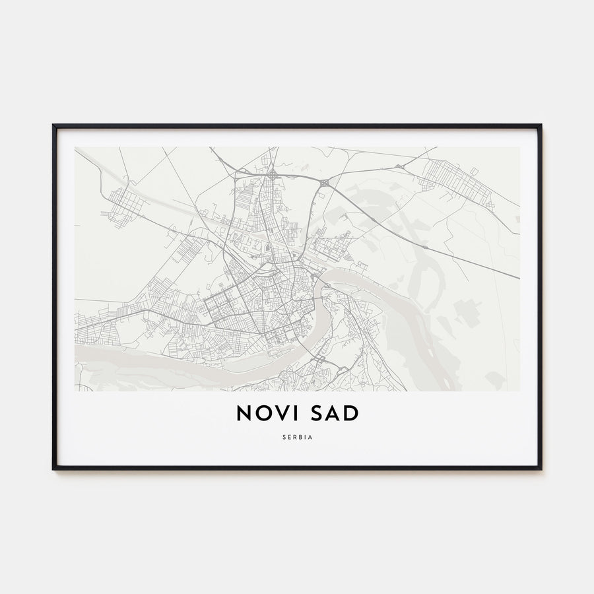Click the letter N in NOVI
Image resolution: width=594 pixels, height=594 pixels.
(x=244, y=413)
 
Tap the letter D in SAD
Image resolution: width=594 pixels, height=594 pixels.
(x=351, y=413)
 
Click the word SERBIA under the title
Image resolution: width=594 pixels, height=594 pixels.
(x=297, y=437)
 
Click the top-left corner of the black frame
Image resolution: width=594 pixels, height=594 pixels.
(x=53, y=125)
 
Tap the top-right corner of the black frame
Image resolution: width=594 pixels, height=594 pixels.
(x=541, y=125)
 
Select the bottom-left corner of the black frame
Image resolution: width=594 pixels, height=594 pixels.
(x=53, y=469)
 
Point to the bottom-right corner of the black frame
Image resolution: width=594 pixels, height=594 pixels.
(x=541, y=469)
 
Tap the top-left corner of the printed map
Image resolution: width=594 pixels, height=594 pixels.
(x=75, y=147)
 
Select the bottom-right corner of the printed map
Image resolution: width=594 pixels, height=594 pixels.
(x=519, y=391)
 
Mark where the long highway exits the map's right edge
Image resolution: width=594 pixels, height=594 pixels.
(x=518, y=277)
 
